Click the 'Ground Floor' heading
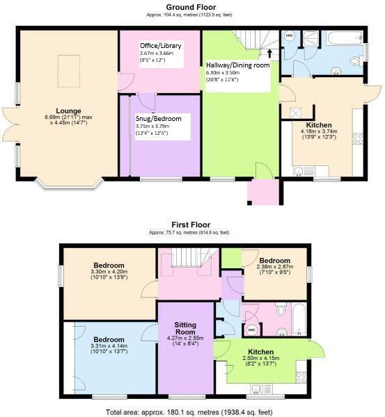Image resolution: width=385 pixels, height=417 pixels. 191,6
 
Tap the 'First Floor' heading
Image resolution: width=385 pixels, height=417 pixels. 191,225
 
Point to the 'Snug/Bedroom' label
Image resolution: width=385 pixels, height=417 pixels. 158,119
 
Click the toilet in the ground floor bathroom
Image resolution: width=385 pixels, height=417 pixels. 355,62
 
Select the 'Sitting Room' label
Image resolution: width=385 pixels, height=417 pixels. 184,328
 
